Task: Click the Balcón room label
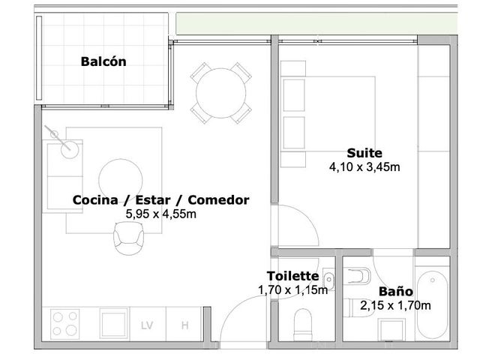point(103,61)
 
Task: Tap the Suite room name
point(364,153)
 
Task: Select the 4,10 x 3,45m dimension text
point(364,167)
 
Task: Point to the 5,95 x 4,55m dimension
point(160,214)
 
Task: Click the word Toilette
point(292,276)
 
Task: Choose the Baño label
point(395,292)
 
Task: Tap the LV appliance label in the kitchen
point(147,325)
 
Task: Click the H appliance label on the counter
point(185,325)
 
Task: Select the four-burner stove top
point(65,324)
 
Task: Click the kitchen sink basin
point(113,324)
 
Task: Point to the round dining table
point(220,93)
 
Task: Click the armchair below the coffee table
point(128,238)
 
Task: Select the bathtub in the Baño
point(432,304)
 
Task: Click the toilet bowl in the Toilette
point(303,325)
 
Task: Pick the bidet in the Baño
point(357,276)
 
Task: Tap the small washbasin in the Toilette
point(328,279)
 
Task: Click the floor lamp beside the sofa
point(70,150)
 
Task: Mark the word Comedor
point(218,200)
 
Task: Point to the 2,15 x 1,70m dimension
point(395,305)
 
